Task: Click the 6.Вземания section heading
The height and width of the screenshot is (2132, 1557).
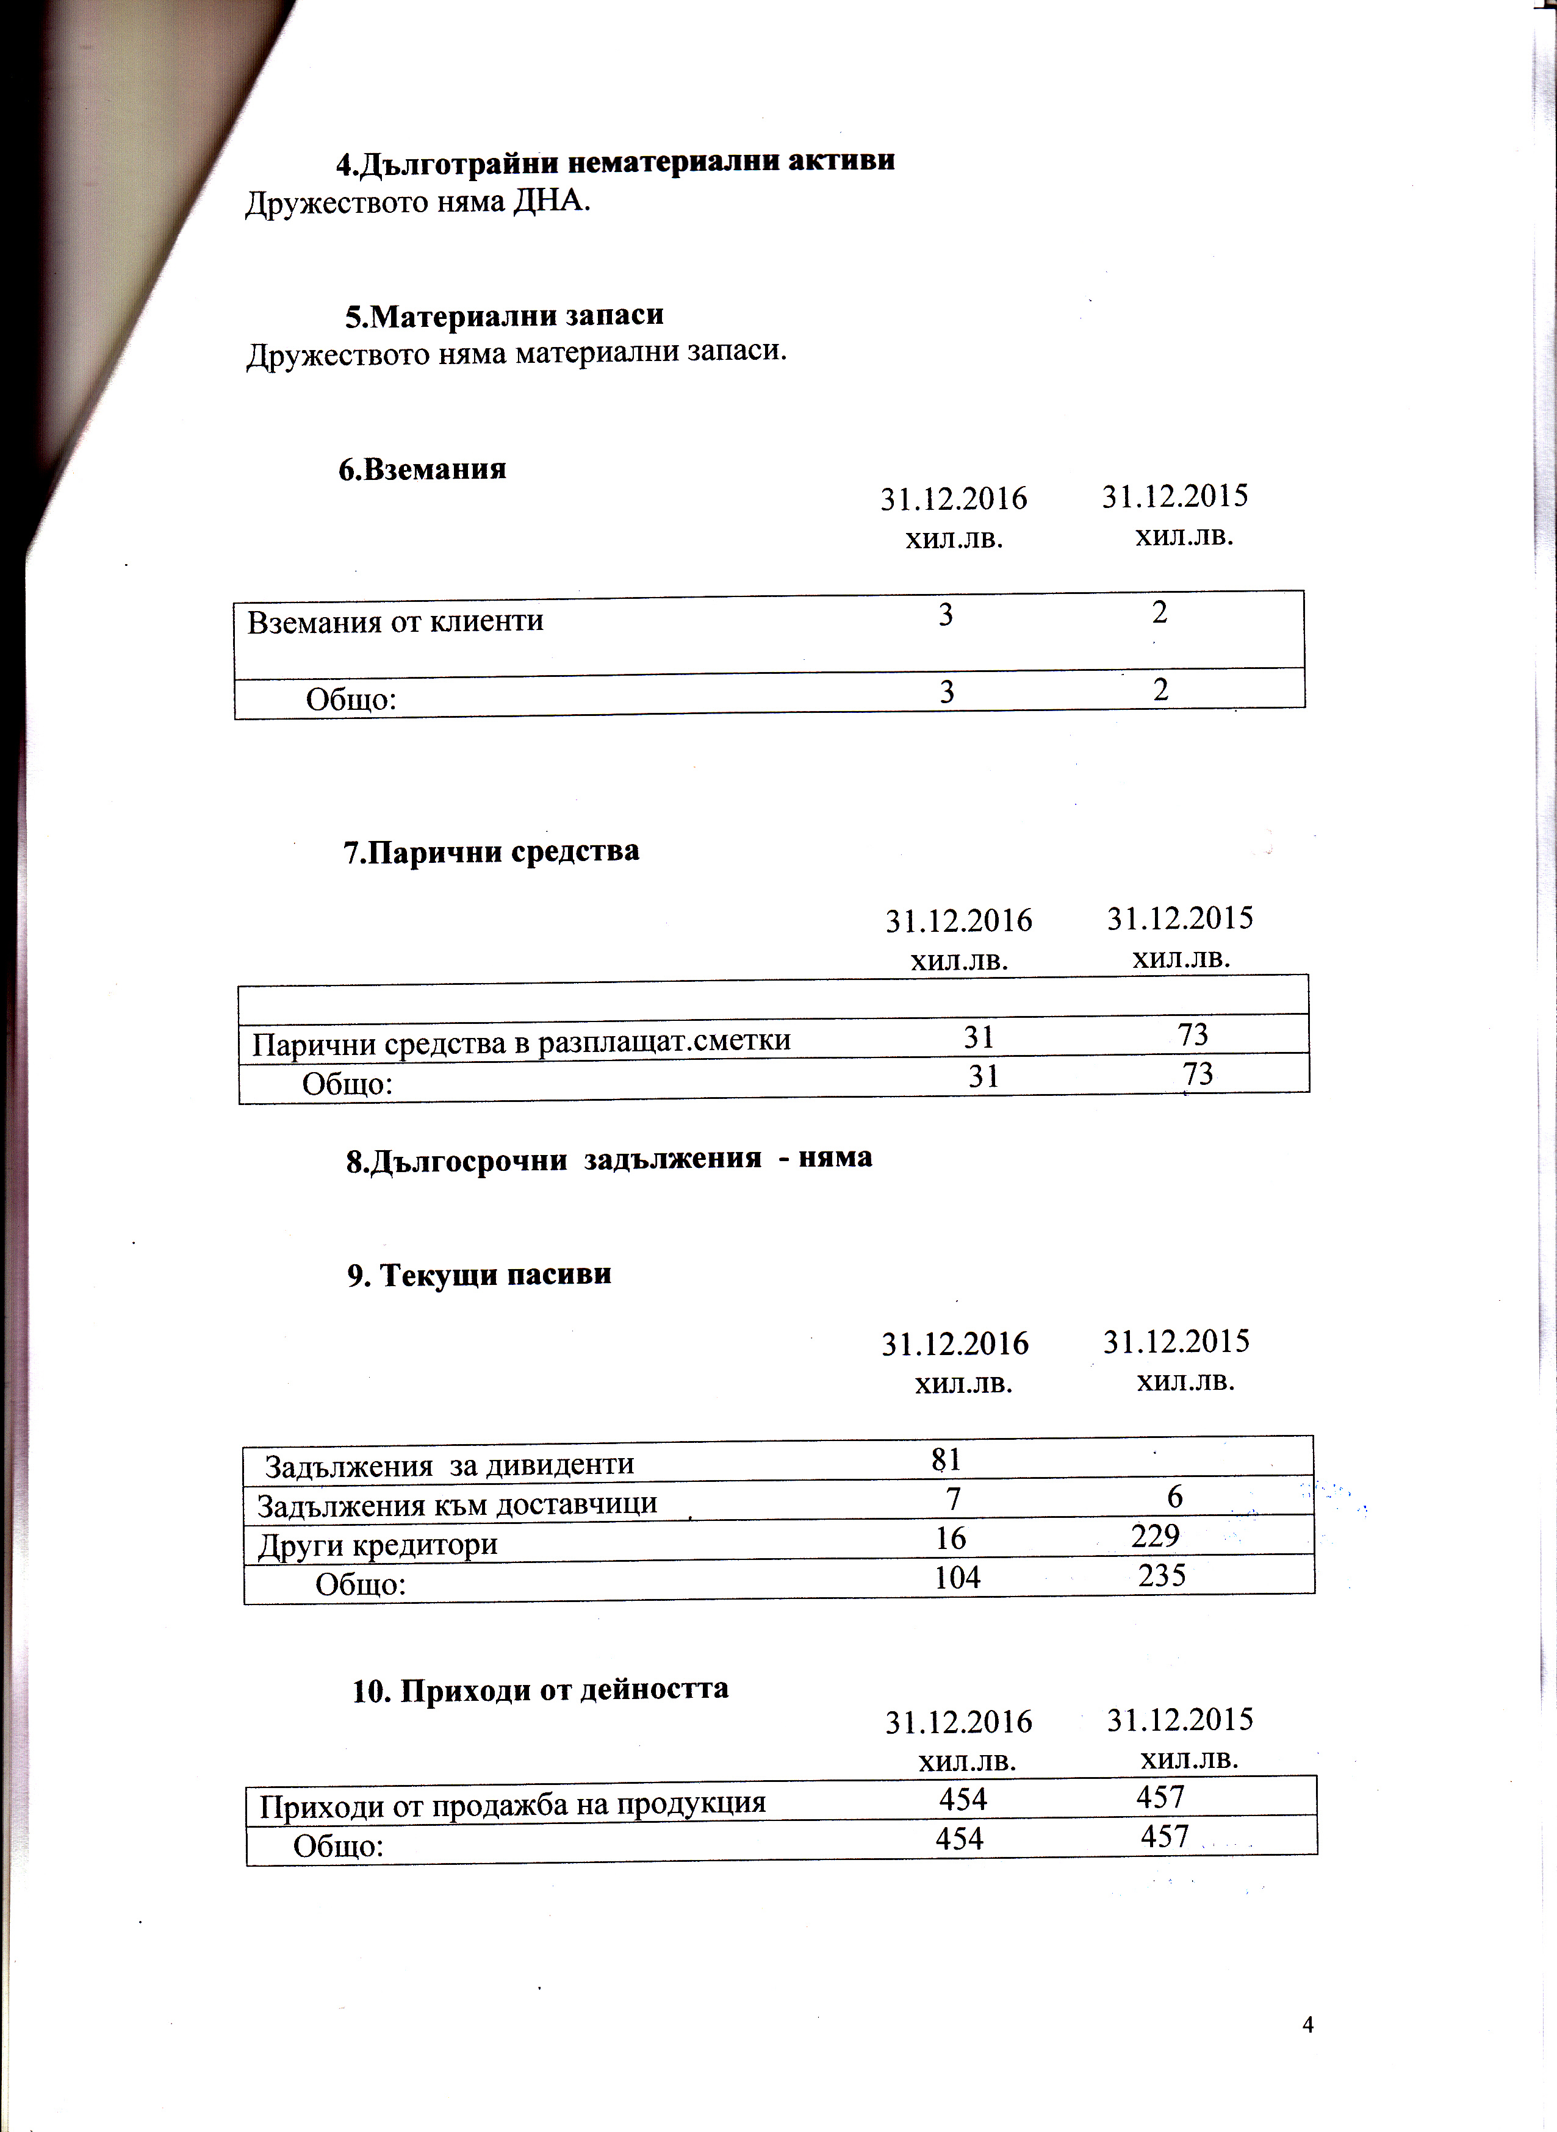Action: [422, 469]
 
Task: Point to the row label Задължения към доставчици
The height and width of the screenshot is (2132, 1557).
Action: [457, 1504]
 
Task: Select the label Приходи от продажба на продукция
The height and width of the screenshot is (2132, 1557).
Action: [512, 1804]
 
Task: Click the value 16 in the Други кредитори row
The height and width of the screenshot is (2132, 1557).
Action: [951, 1537]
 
